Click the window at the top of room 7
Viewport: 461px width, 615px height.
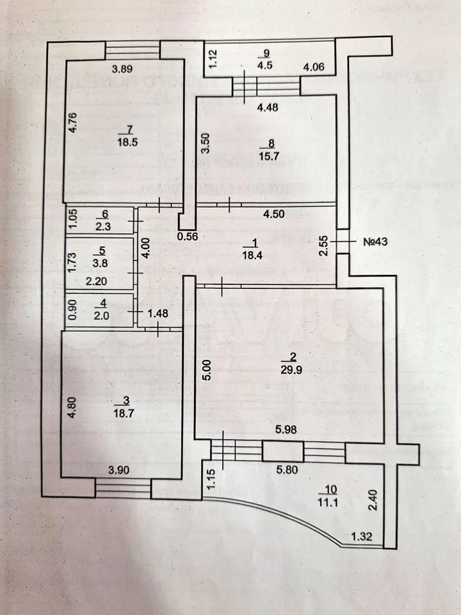pyautogui.click(x=133, y=49)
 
